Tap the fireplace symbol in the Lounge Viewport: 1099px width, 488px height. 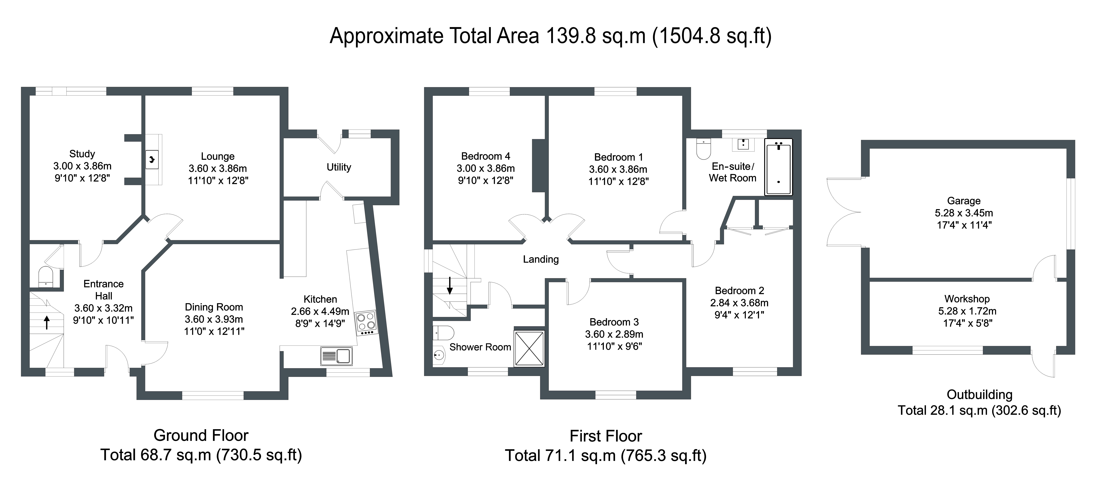click(152, 159)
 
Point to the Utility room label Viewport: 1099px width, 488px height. click(339, 167)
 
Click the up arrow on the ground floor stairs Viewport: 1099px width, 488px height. click(47, 322)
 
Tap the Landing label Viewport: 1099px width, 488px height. click(541, 259)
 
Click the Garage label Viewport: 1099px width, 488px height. click(964, 201)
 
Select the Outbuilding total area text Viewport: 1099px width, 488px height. click(979, 410)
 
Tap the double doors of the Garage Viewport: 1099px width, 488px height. click(845, 212)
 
